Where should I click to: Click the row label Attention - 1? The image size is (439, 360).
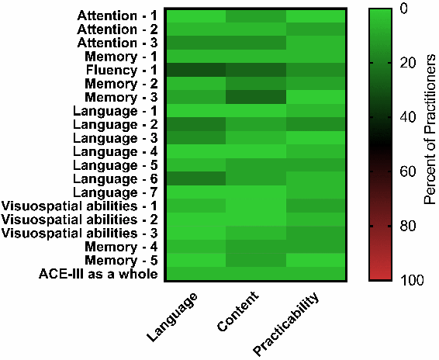117,16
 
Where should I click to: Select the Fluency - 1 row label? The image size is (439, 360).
122,70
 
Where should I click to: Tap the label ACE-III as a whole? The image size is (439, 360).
99,274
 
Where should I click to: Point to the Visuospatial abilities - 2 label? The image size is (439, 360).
80,220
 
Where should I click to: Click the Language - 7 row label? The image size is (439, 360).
115,192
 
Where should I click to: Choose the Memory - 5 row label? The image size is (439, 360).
121,260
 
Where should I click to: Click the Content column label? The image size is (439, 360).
237,311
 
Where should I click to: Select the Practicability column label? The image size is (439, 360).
286,324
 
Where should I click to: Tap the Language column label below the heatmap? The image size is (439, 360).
172,317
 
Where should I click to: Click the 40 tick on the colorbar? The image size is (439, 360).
408,117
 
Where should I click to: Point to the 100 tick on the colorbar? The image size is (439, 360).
412,280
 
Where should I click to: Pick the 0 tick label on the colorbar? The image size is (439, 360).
404,9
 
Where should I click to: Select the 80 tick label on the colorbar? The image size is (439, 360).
408,226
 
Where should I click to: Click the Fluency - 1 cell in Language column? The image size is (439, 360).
196,70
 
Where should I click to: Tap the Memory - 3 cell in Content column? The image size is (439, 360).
256,97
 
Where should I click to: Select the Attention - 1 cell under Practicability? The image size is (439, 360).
316,16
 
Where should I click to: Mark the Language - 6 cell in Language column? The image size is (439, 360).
196,178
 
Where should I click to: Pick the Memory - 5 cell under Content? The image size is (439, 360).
256,260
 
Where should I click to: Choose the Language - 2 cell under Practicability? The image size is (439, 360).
316,124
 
